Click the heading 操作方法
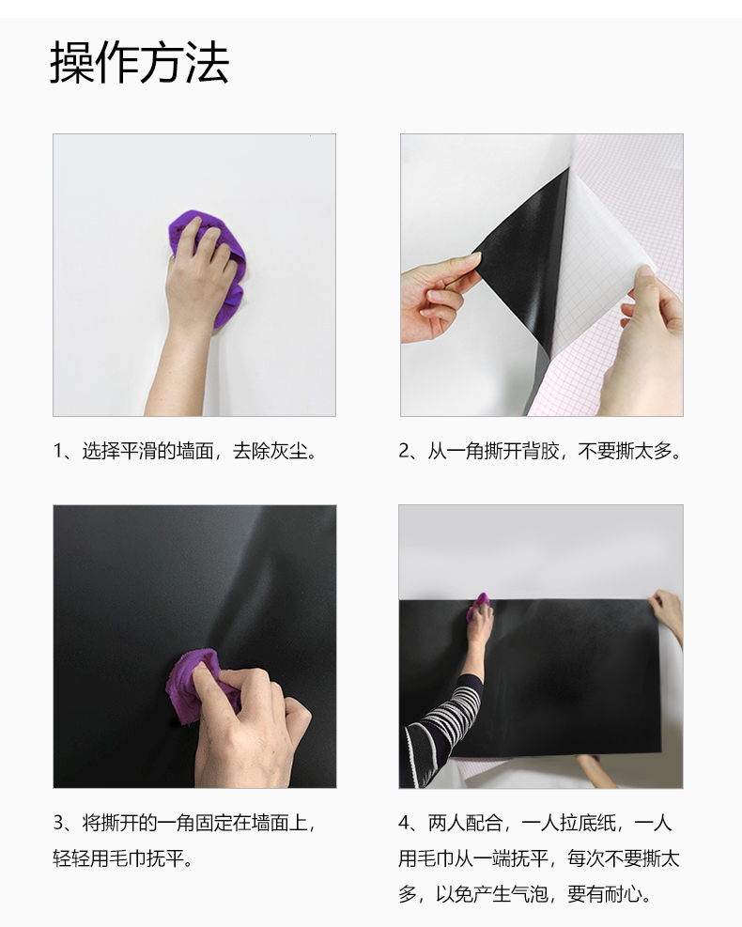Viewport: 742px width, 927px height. (x=140, y=62)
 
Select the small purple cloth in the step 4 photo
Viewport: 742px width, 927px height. (x=478, y=607)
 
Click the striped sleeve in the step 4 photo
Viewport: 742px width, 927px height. (x=441, y=724)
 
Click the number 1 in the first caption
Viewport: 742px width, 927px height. (x=57, y=451)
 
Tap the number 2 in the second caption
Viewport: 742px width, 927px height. (x=404, y=451)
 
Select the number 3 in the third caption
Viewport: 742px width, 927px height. (x=58, y=823)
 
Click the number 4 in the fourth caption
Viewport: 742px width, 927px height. (x=404, y=823)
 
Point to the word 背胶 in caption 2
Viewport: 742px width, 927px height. (x=541, y=451)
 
